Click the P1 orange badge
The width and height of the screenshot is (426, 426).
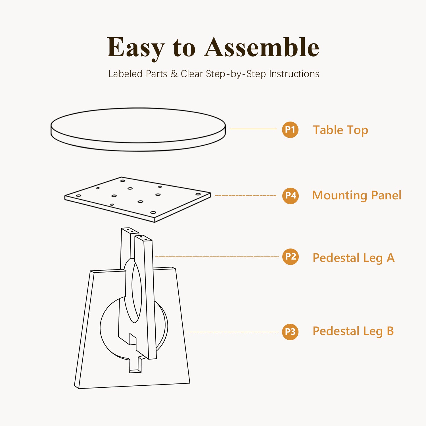click(x=290, y=130)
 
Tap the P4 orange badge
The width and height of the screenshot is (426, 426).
click(x=290, y=196)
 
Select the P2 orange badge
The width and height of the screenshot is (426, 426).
click(x=290, y=257)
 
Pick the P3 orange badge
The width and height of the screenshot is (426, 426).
click(x=290, y=332)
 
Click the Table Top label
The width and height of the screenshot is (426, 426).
click(x=341, y=130)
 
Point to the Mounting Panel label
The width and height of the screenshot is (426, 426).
click(x=357, y=195)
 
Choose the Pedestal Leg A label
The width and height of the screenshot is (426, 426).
click(x=354, y=258)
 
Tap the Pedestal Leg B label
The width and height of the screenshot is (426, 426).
click(x=353, y=331)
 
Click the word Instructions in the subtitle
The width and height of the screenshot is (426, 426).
click(x=294, y=74)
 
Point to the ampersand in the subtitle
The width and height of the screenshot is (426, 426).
click(x=174, y=74)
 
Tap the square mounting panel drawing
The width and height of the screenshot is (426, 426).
click(x=138, y=199)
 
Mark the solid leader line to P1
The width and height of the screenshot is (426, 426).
click(x=253, y=129)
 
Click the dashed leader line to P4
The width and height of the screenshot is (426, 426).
click(x=246, y=196)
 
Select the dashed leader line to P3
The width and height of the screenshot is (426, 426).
click(x=232, y=332)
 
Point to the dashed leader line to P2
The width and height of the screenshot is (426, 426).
click(x=217, y=257)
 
